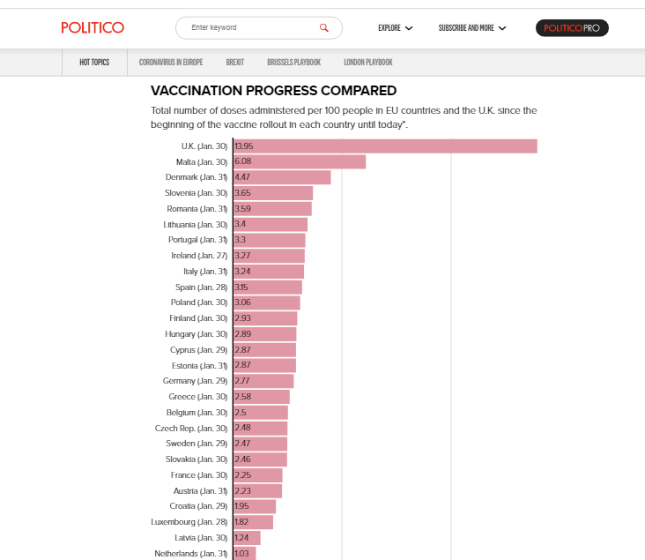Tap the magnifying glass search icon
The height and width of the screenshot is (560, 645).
pyautogui.click(x=324, y=28)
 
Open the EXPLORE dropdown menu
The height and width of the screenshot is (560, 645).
pyautogui.click(x=395, y=28)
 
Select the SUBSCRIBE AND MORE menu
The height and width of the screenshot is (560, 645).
pyautogui.click(x=472, y=28)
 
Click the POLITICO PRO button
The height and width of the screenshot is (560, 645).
pyautogui.click(x=572, y=28)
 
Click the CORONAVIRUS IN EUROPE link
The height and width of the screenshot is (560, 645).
pyautogui.click(x=171, y=62)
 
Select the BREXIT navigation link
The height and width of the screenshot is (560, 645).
pyautogui.click(x=234, y=62)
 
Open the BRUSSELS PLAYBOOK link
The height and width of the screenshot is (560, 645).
pyautogui.click(x=293, y=62)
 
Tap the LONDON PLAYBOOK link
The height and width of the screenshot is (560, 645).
pyautogui.click(x=367, y=62)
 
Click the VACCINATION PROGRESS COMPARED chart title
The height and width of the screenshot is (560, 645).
pyautogui.click(x=273, y=90)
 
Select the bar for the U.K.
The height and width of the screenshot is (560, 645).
pyautogui.click(x=385, y=146)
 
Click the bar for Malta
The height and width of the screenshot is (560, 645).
pyautogui.click(x=300, y=162)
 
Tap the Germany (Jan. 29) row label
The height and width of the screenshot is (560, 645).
pyautogui.click(x=195, y=381)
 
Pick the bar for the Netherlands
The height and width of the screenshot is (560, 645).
pyautogui.click(x=245, y=553)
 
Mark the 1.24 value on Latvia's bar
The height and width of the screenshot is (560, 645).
pyautogui.click(x=242, y=538)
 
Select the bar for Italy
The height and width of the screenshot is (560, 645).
pyautogui.click(x=269, y=272)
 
